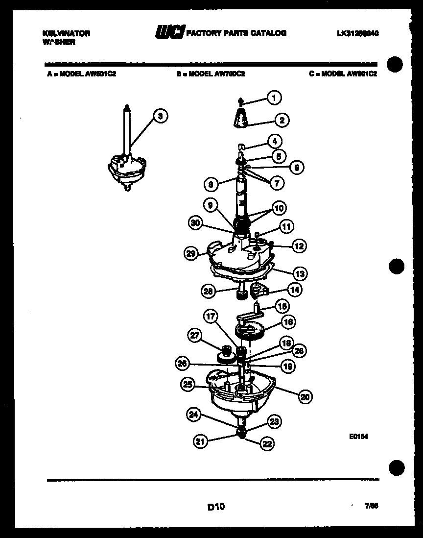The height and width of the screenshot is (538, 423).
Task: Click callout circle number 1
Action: (x=274, y=98)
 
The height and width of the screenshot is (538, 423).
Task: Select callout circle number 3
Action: (x=160, y=116)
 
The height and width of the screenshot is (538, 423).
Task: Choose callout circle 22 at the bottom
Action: (x=267, y=444)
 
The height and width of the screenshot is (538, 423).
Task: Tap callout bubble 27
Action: (x=195, y=335)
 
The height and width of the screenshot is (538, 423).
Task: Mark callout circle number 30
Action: (x=195, y=222)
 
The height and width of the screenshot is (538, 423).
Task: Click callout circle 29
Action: (x=191, y=253)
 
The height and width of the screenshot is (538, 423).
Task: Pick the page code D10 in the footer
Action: (x=215, y=507)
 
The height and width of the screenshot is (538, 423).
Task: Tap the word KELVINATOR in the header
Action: (x=66, y=33)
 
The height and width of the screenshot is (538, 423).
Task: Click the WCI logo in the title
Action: (x=169, y=33)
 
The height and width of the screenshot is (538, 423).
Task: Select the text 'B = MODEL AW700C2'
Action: (x=211, y=74)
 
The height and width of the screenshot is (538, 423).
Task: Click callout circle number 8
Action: (x=211, y=184)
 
